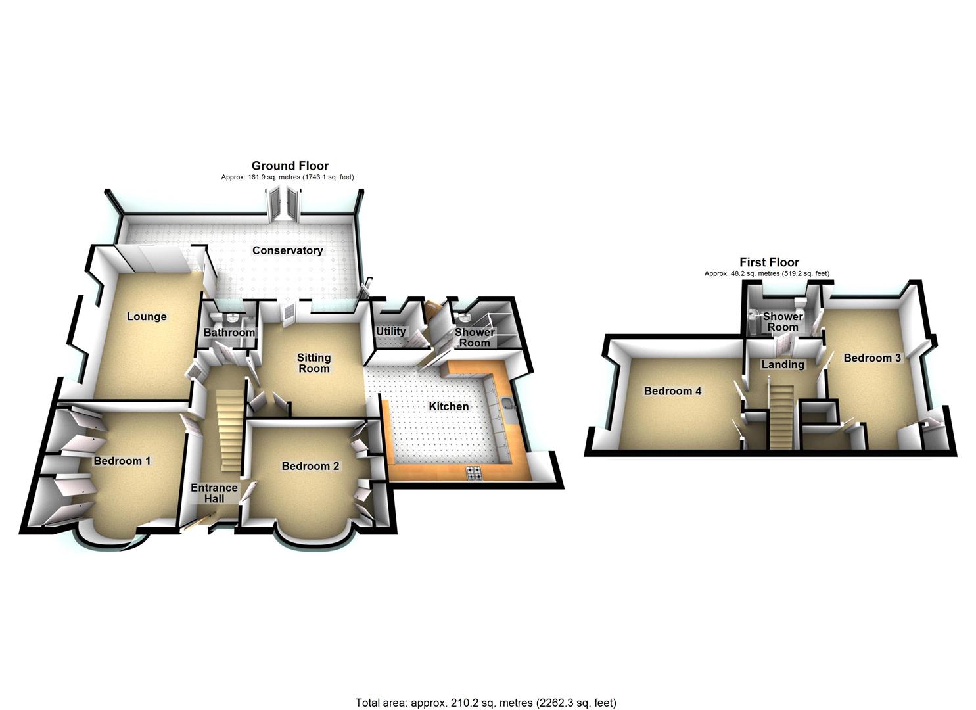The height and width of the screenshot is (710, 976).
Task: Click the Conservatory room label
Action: click(287, 250)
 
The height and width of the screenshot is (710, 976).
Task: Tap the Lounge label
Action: click(147, 316)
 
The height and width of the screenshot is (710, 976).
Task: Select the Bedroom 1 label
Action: click(122, 460)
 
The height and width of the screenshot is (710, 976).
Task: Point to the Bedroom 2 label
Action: click(310, 466)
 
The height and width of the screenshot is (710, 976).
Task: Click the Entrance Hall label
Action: click(214, 492)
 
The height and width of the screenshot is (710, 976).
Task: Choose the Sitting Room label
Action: click(314, 363)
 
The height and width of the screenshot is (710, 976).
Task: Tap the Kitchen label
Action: click(449, 406)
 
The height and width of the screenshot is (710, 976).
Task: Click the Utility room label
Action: click(390, 331)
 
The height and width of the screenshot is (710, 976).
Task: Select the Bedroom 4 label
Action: click(672, 391)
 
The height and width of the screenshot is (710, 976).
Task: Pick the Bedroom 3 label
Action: click(871, 358)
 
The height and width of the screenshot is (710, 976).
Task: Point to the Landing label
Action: click(782, 364)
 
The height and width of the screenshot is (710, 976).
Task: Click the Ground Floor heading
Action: click(290, 166)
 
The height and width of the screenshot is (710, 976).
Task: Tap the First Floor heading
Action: click(769, 262)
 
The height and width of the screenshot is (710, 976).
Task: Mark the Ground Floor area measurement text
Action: click(287, 177)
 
